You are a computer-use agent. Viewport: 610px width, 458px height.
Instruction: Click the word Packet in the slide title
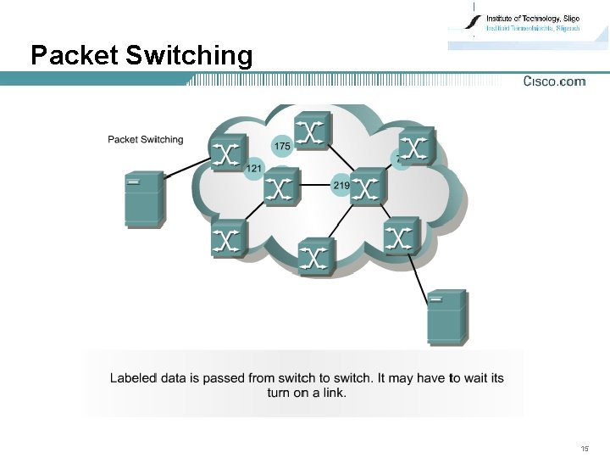[x=74, y=56]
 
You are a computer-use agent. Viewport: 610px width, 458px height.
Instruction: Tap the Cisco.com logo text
[x=554, y=81]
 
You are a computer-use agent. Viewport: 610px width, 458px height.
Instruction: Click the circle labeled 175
[x=282, y=146]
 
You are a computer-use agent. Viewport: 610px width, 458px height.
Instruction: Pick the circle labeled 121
[x=253, y=169]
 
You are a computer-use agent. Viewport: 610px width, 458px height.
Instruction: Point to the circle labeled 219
[x=341, y=185]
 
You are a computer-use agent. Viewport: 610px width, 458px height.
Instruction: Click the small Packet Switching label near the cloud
[x=145, y=140]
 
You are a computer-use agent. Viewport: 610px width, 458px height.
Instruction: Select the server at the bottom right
[x=446, y=317]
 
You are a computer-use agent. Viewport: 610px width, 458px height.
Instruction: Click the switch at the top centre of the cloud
[x=313, y=131]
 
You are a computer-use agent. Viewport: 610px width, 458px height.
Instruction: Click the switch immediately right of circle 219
[x=367, y=187]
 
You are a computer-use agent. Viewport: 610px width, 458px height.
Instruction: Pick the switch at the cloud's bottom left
[x=228, y=238]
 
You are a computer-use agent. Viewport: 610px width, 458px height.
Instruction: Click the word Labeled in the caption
[x=133, y=377]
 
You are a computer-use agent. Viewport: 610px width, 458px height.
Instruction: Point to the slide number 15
[x=585, y=447]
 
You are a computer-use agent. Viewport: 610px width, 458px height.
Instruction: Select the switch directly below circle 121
[x=280, y=187]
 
